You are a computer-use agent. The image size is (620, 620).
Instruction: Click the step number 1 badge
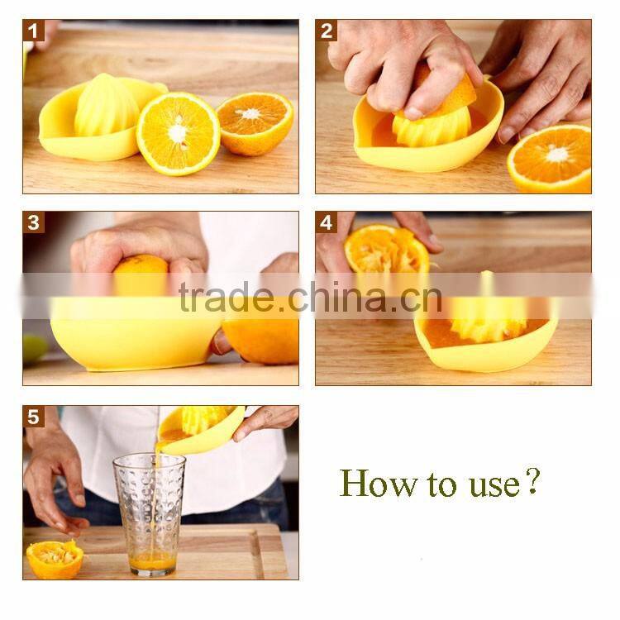click(34, 31)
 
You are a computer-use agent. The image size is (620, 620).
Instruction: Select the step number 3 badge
click(34, 222)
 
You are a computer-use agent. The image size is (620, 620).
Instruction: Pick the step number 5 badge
click(34, 417)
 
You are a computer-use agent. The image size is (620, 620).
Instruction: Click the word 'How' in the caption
click(369, 482)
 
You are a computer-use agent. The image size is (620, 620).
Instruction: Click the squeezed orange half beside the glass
click(55, 559)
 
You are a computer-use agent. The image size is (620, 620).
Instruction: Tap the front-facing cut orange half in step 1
click(178, 133)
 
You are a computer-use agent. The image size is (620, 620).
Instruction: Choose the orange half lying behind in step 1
click(255, 122)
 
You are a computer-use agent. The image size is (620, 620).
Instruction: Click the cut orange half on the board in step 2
click(550, 157)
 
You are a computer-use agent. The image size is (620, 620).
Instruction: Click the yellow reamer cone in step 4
click(488, 317)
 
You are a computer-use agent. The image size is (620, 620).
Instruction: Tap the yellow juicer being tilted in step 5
click(200, 428)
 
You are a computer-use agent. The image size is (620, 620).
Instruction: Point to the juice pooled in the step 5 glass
click(153, 562)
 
